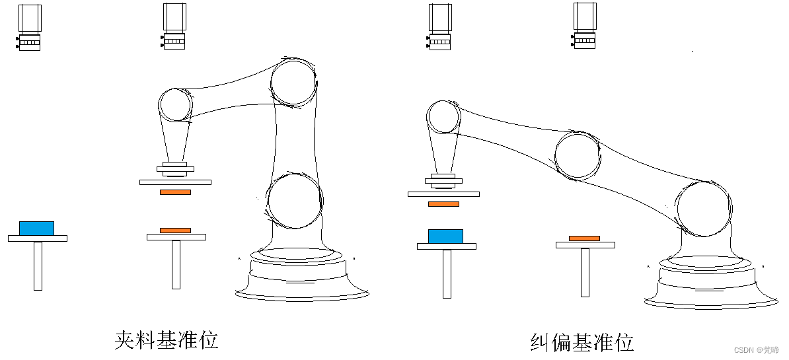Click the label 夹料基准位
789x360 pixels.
coord(166,340)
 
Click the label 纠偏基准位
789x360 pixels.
coord(582,342)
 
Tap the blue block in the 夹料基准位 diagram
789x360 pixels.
coord(37,229)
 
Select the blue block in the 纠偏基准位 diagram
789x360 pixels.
coord(446,236)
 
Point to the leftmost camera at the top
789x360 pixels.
coord(30,27)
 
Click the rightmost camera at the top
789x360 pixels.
coord(585,26)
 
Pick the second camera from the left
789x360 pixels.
coord(174,26)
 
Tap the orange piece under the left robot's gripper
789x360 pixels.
coord(176,192)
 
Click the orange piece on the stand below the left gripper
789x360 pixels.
coord(176,231)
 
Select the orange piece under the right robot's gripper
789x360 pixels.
coord(444,204)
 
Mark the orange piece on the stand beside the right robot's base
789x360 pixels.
coord(585,238)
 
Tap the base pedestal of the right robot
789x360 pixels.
coord(711,282)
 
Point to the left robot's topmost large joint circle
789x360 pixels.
coord(294,83)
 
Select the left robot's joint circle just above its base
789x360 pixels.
coord(294,201)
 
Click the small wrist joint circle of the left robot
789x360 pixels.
coord(176,105)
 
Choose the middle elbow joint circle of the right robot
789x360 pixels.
coord(578,156)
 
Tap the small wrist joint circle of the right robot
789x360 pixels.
coord(443,117)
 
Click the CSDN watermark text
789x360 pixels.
coord(757,350)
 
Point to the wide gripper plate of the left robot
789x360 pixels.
coord(176,182)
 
